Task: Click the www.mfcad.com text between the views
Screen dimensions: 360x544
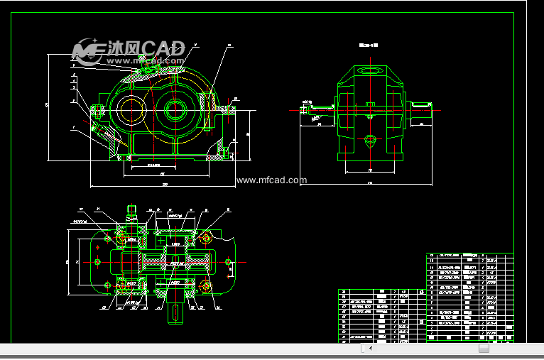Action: pos(271,180)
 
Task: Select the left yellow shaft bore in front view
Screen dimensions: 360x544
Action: pos(131,109)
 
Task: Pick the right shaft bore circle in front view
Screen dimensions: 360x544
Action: pos(175,109)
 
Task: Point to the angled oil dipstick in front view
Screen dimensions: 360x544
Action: pos(100,132)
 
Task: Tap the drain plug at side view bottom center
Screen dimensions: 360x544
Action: pos(370,142)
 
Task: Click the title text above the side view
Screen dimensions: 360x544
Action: pos(369,45)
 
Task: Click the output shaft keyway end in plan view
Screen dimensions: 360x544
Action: pos(175,312)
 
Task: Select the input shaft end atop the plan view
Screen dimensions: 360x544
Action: pos(131,211)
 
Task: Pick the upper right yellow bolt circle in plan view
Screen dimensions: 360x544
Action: pos(206,236)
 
